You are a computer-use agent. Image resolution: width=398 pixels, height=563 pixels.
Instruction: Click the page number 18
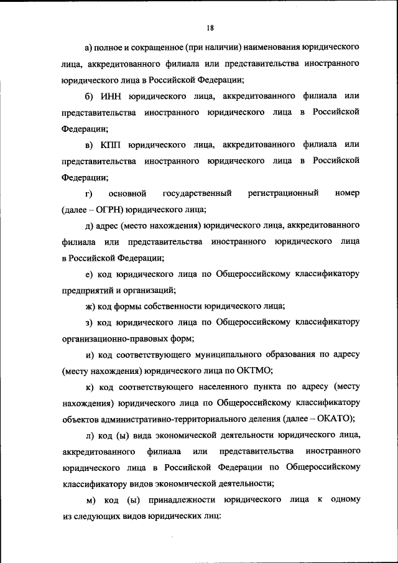(211, 27)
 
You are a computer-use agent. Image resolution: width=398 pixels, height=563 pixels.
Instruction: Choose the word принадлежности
(183, 500)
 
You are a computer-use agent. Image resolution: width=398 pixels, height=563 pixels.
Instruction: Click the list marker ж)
(90, 306)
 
